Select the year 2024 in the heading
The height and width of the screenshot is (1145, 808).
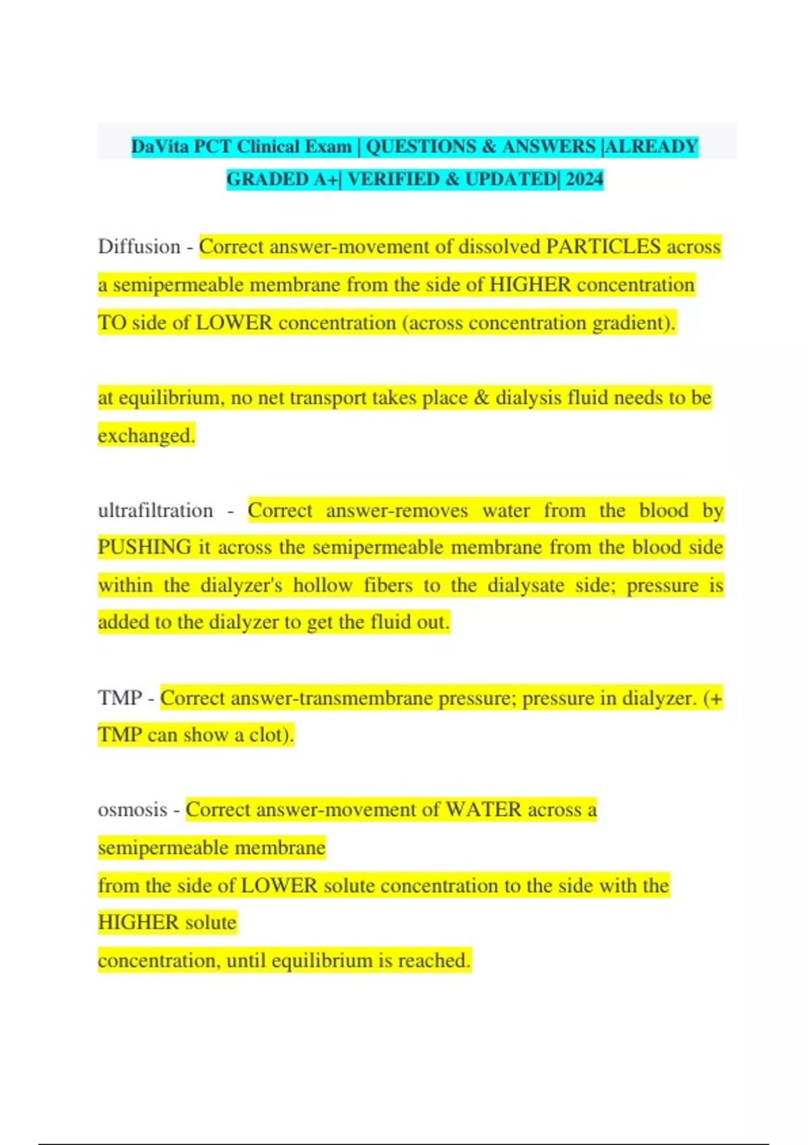[584, 179]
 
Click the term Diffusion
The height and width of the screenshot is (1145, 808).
[139, 247]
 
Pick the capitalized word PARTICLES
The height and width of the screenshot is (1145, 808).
[603, 247]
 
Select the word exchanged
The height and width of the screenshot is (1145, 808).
[145, 436]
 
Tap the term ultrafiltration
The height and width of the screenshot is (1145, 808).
[156, 511]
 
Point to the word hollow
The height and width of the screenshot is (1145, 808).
[323, 585]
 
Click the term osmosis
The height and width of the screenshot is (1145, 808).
[132, 810]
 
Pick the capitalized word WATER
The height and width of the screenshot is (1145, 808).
[483, 810]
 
